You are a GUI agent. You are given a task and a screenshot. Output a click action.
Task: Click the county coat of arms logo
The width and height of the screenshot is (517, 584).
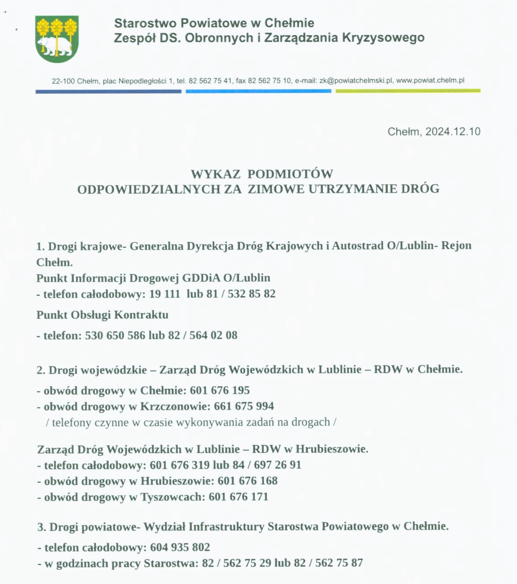click(x=57, y=39)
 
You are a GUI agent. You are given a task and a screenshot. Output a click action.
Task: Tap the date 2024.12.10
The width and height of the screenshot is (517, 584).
click(x=453, y=132)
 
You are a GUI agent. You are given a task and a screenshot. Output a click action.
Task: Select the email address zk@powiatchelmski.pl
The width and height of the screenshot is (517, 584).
click(x=356, y=81)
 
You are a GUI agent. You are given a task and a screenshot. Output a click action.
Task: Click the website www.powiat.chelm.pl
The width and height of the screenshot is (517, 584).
click(x=430, y=81)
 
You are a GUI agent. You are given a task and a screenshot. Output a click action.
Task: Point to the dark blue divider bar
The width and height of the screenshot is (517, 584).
click(x=108, y=91)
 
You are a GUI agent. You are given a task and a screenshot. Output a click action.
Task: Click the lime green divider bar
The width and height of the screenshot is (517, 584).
click(x=407, y=91)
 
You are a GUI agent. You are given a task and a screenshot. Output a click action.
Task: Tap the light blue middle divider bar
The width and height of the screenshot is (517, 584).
click(x=258, y=91)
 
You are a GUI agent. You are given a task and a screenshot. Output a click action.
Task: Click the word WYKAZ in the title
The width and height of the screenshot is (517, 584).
click(x=215, y=174)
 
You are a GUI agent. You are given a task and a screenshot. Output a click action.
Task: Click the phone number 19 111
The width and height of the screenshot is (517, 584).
click(x=164, y=294)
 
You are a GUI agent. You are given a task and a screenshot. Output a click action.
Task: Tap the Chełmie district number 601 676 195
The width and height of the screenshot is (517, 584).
click(x=220, y=391)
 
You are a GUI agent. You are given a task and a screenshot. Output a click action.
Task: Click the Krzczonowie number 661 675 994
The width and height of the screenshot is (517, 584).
click(x=244, y=406)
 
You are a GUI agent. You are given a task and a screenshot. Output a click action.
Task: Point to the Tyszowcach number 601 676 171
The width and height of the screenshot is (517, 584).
click(x=239, y=497)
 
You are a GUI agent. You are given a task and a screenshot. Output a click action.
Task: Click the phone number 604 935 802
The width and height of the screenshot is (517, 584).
click(x=180, y=547)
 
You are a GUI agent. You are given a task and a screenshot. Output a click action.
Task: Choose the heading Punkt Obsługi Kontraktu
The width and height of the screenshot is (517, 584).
click(x=102, y=315)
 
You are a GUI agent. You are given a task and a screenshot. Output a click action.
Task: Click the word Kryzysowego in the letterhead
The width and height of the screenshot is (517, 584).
click(x=383, y=38)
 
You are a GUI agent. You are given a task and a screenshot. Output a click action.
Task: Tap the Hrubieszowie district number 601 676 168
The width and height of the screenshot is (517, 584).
click(x=247, y=481)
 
